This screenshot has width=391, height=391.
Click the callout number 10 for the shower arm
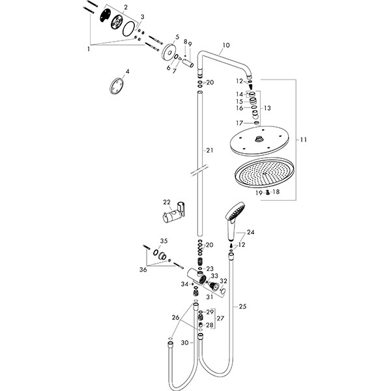[225, 46]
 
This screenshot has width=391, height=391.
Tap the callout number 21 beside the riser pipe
[209, 151]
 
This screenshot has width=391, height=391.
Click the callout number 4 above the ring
[128, 70]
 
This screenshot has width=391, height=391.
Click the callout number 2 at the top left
[126, 7]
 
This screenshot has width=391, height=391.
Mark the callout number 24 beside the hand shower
[251, 232]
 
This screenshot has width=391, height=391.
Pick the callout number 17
[240, 123]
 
